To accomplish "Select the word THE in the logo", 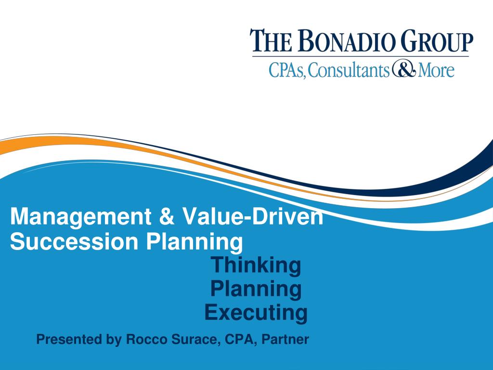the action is [271, 40].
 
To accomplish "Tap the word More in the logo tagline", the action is [436, 70].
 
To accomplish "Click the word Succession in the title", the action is [74, 242].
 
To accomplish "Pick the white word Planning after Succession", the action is [195, 243].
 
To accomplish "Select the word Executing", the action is [256, 313].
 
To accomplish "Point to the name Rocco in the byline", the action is [146, 339].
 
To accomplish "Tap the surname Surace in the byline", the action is [195, 340].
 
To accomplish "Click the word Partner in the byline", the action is [285, 339].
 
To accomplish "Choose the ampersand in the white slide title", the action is [167, 216].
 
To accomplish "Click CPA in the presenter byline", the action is [240, 340].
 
